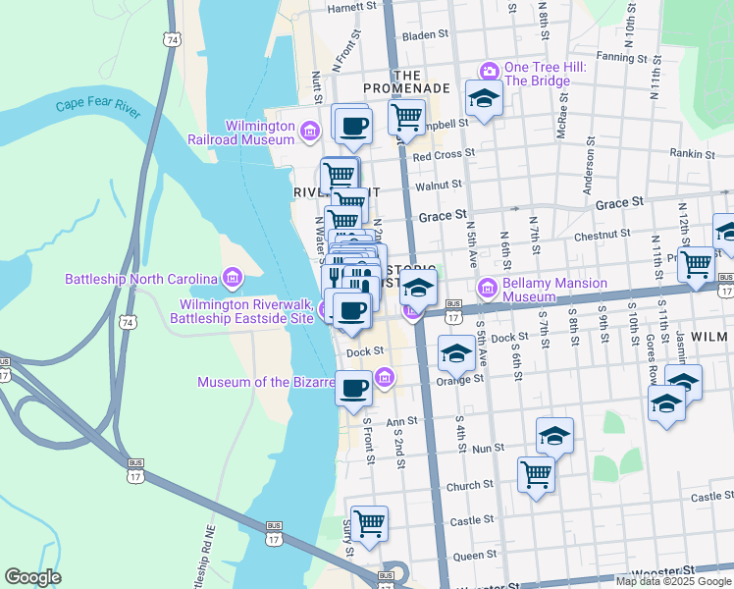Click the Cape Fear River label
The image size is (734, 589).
point(97,106)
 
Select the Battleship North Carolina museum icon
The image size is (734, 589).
point(233,279)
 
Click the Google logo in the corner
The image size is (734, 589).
point(32,577)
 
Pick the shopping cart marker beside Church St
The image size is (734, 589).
point(536,474)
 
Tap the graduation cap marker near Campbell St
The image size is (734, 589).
point(483,98)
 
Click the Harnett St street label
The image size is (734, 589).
point(352,7)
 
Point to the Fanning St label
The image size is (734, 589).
point(622,57)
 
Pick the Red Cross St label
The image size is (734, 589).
point(444,154)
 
